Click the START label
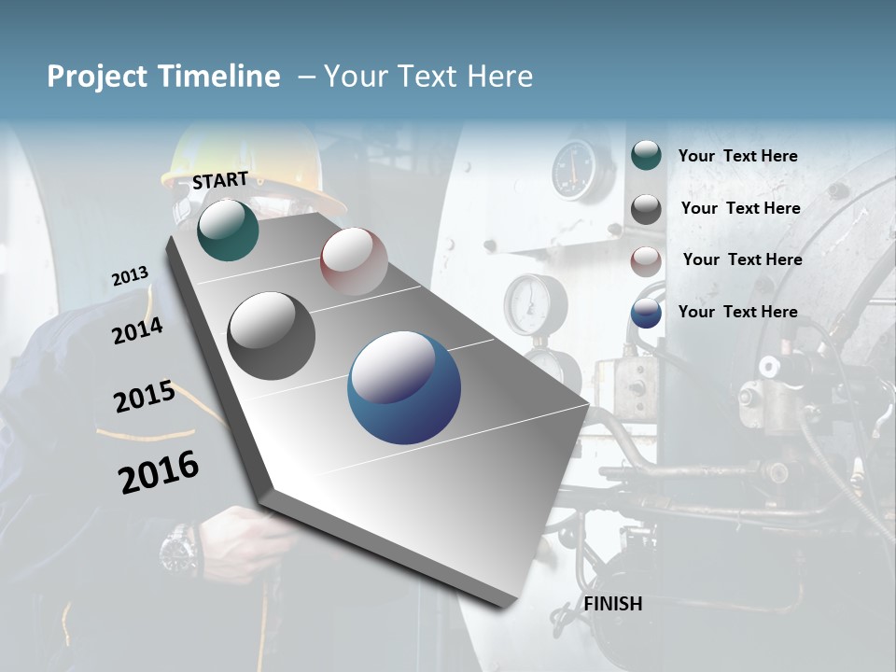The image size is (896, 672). click(220, 180)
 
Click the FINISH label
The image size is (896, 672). click(613, 604)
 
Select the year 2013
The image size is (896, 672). click(130, 276)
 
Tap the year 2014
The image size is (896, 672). click(137, 330)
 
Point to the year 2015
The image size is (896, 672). click(145, 397)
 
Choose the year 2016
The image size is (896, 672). click(159, 471)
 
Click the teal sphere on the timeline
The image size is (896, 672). click(228, 230)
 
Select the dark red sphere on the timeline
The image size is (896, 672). click(353, 260)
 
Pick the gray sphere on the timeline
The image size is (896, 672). click(271, 335)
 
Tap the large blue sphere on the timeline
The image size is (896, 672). click(404, 387)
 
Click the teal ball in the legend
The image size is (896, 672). click(646, 155)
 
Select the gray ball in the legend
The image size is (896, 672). click(646, 208)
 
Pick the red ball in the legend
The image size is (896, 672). click(646, 260)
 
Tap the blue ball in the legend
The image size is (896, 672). click(646, 313)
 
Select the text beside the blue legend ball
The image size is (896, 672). click(737, 312)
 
